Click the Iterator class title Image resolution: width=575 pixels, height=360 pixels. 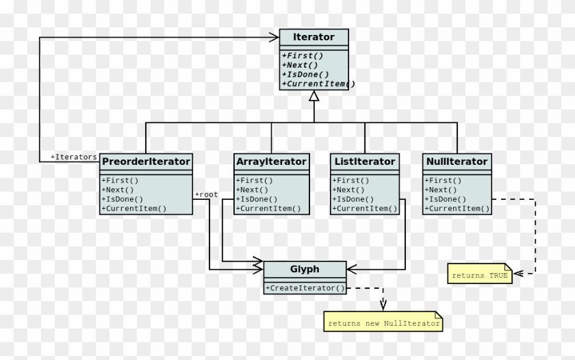(x=314, y=37)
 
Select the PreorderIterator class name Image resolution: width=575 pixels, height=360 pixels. (x=146, y=162)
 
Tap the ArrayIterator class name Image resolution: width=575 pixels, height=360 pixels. (x=271, y=162)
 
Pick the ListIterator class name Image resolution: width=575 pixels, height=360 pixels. (x=364, y=162)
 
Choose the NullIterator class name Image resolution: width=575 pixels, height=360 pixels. (x=457, y=162)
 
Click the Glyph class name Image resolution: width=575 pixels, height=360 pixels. (x=305, y=269)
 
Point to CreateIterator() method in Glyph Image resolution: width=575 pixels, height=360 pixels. (x=305, y=288)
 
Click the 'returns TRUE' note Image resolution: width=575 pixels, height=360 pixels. (x=480, y=275)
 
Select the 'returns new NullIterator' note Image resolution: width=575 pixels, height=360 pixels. (x=384, y=323)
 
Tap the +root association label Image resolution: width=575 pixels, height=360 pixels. (x=206, y=194)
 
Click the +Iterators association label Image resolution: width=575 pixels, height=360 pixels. (x=74, y=157)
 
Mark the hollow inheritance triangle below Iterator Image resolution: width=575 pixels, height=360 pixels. (x=314, y=96)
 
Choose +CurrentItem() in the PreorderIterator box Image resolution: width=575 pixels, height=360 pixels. (x=134, y=208)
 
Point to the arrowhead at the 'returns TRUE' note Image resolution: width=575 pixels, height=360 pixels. (x=517, y=272)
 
